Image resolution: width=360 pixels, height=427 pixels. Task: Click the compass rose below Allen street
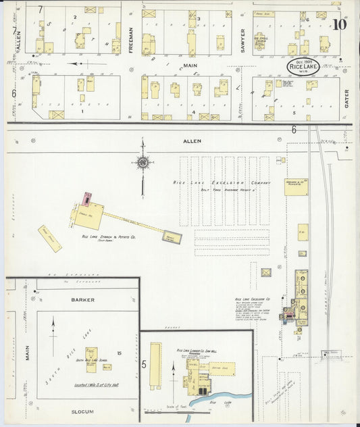pos(143,162)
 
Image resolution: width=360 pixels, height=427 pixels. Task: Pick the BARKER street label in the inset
pos(82,299)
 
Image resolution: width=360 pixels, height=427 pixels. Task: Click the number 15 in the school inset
pos(119,353)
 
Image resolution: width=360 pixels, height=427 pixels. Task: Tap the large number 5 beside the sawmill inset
pos(144,364)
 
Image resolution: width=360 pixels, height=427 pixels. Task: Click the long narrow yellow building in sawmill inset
pos(156,366)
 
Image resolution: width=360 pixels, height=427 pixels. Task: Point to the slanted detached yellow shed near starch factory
pos(49,238)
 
